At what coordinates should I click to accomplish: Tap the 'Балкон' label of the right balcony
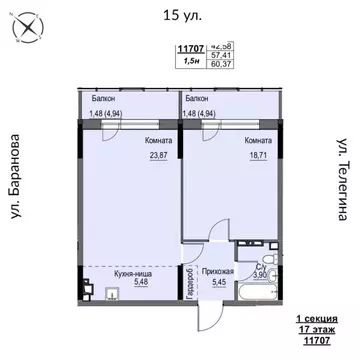point(196,100)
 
